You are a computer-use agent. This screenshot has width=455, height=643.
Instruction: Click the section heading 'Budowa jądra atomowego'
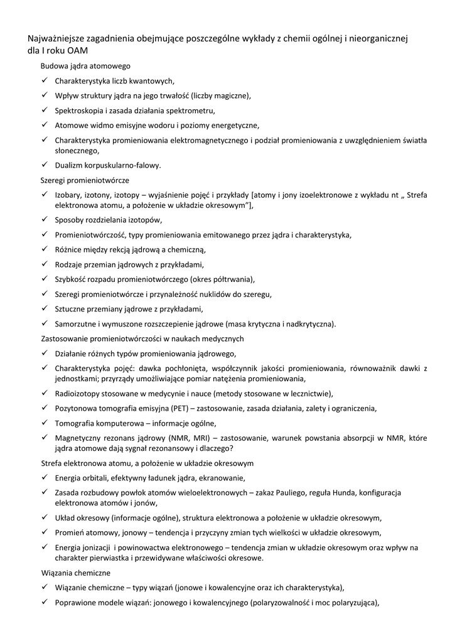(85, 65)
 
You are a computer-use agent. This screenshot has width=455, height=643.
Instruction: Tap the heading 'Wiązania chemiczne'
(75, 573)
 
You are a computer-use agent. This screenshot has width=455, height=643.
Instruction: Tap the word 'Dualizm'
(70, 166)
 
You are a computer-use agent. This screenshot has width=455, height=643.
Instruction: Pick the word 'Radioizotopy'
(78, 394)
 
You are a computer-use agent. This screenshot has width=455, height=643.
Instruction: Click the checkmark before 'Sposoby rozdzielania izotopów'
(45, 220)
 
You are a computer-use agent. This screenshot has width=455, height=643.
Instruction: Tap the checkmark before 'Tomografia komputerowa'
(45, 423)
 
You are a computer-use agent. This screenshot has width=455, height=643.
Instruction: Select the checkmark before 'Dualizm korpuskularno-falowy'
(45, 165)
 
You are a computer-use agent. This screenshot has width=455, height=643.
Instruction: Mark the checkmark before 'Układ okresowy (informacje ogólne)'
(45, 517)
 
